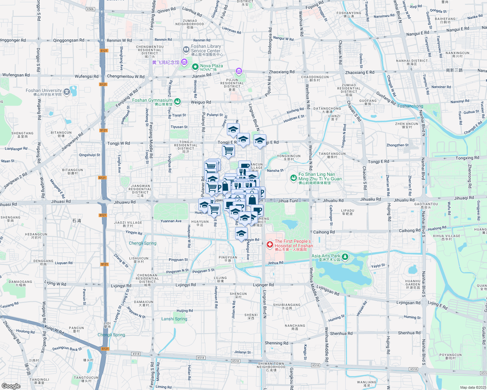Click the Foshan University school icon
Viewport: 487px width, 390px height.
[x=67, y=92]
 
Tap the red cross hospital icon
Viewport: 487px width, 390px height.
[x=270, y=244]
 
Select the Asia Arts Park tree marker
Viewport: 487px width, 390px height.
[x=345, y=257]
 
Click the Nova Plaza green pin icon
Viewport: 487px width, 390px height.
[x=195, y=67]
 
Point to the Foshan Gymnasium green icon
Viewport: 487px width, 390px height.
[x=177, y=102]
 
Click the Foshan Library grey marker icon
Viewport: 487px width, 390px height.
[x=186, y=50]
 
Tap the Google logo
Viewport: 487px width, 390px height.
[x=11, y=386]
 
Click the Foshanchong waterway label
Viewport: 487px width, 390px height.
[x=410, y=106]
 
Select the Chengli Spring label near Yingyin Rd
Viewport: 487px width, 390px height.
[x=143, y=243]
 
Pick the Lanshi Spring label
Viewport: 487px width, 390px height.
[x=174, y=319]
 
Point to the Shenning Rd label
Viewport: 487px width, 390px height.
[x=276, y=343]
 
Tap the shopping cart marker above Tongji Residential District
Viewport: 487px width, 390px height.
[x=229, y=150]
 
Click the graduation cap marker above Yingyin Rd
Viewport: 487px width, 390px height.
[x=241, y=233]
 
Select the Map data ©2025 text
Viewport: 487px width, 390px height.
[x=473, y=387]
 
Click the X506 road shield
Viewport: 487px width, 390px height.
[x=90, y=9]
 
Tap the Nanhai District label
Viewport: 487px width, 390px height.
[x=412, y=62]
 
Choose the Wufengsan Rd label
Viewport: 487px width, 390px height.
[x=16, y=75]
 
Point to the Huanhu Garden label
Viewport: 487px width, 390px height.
[x=413, y=284]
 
